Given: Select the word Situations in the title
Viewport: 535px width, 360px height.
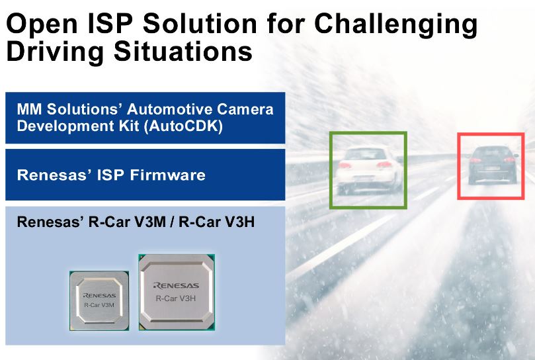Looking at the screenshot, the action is tap(183, 51).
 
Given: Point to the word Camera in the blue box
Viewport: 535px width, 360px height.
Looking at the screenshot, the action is tap(245, 109).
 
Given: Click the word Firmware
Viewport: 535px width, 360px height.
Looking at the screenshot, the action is tap(167, 175).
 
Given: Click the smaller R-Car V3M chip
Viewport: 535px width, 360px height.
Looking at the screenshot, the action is tap(99, 301).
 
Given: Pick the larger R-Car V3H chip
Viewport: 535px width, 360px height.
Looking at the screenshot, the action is tap(177, 292).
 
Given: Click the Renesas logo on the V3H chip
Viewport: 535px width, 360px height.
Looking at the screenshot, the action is tap(176, 285).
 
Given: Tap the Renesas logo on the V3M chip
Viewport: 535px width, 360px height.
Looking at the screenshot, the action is tap(99, 295).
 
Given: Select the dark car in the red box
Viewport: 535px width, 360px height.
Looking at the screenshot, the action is tap(493, 165).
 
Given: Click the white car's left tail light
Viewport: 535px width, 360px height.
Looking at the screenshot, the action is tap(345, 165).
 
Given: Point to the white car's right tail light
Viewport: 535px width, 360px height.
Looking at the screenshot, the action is tap(384, 165).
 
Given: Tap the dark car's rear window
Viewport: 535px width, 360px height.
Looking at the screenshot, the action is tap(491, 152).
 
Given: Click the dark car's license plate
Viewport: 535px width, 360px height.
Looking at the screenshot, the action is tap(492, 168).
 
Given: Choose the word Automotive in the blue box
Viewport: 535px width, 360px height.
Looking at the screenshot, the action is tap(169, 109).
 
